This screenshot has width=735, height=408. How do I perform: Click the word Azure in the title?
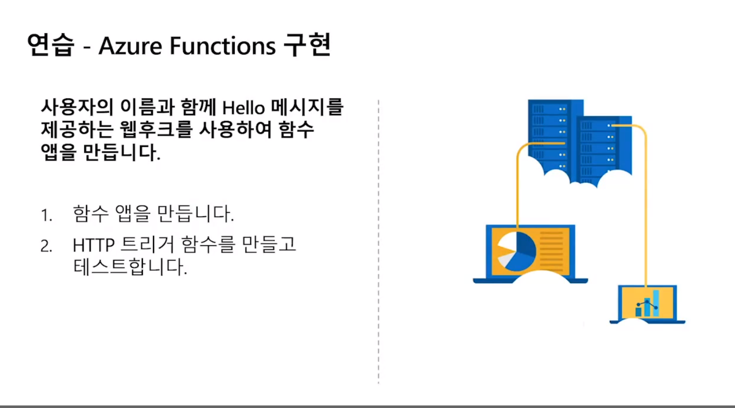pos(130,46)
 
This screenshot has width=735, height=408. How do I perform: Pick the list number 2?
pos(46,247)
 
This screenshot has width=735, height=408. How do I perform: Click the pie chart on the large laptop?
pos(516,251)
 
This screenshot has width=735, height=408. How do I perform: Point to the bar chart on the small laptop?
pos(647,304)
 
